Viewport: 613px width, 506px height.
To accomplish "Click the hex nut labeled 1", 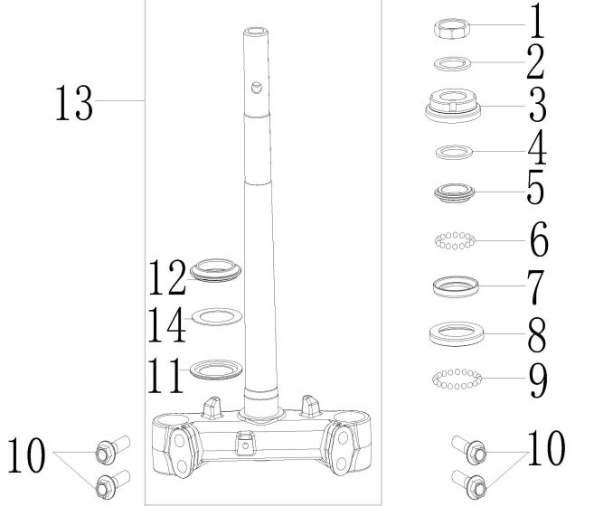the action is pyautogui.click(x=452, y=29).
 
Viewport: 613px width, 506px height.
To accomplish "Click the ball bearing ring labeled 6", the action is pyautogui.click(x=456, y=240).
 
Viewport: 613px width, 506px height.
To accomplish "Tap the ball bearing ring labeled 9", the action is pyautogui.click(x=457, y=379).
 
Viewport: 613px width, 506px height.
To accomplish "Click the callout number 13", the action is pyautogui.click(x=74, y=103).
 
